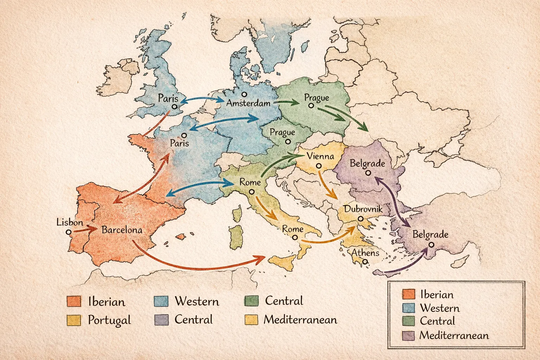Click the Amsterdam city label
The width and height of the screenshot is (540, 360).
248,103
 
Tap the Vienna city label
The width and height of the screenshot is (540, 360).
320,156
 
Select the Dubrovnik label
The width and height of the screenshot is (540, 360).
363,209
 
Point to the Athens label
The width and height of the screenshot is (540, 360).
365,252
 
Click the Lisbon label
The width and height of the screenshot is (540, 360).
70,222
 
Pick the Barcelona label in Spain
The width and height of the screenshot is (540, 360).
122,230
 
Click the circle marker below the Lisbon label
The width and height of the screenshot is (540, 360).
69,232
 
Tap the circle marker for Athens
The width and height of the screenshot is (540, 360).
365,262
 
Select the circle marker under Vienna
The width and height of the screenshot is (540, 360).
319,166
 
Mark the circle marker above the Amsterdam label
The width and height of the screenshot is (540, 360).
244,94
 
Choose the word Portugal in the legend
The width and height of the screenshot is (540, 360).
109,320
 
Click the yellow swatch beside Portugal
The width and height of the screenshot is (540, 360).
73,320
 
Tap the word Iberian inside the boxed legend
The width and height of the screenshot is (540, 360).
437,295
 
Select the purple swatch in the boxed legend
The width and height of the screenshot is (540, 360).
408,335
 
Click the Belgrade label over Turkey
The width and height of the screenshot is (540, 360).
430,234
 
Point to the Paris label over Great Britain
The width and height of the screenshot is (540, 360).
168,98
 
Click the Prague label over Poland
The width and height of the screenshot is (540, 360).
316,97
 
